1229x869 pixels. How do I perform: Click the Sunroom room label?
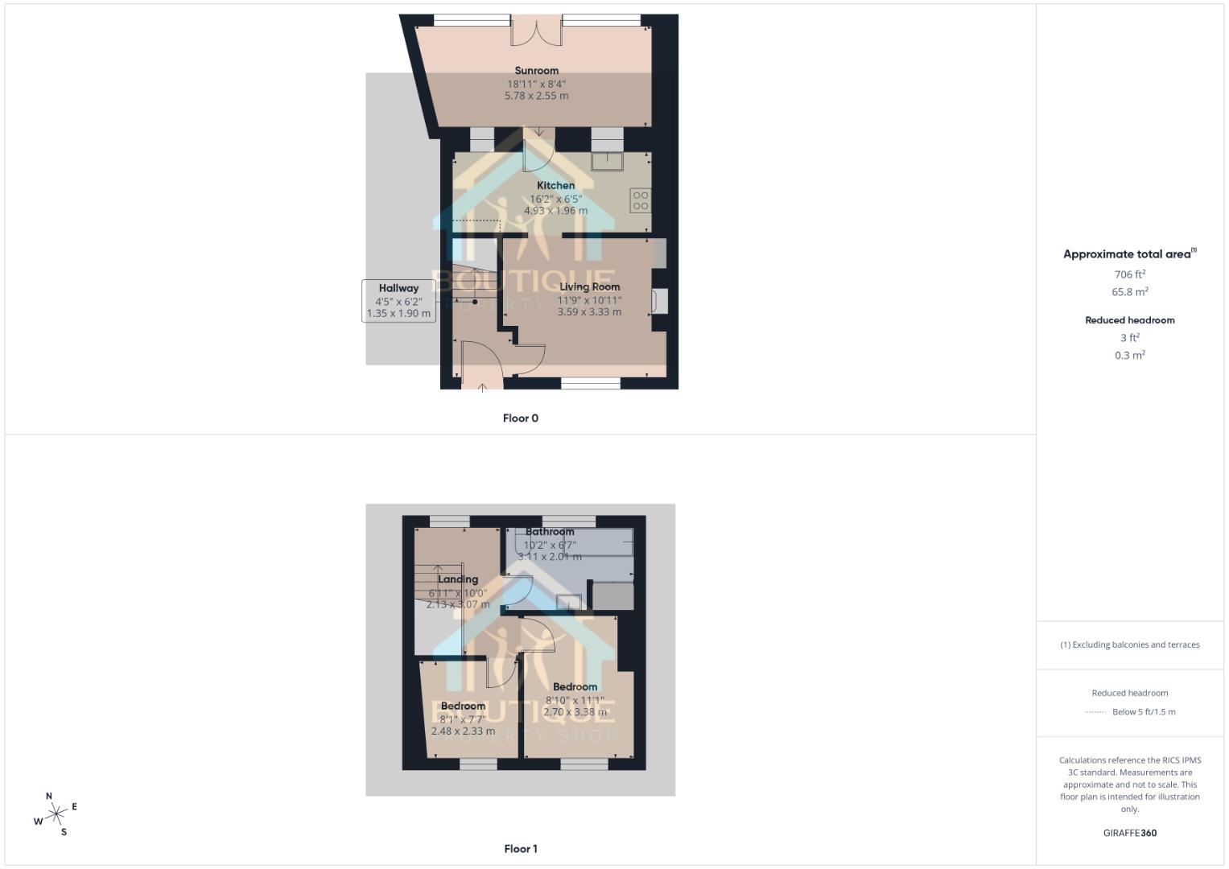pos(536,71)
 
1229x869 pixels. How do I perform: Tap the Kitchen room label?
pos(555,186)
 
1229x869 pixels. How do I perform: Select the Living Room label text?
pos(589,286)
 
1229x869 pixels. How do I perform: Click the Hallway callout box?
pos(398,300)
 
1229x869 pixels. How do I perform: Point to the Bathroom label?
pos(550,532)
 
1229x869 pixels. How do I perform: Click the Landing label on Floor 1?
pos(458,579)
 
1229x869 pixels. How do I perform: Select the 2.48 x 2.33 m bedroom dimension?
pos(463,731)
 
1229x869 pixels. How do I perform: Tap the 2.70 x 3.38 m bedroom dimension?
pos(575,712)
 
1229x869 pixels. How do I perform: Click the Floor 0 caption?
pos(520,418)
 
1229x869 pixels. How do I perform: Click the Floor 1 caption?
pos(520,849)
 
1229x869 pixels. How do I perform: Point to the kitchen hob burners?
pos(641,200)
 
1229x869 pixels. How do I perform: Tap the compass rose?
pos(56,815)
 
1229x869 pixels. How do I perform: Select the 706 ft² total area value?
pos(1129,274)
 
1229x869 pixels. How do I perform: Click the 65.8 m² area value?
pos(1129,292)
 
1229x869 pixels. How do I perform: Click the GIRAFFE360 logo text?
pos(1129,833)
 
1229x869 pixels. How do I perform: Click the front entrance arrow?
pos(482,387)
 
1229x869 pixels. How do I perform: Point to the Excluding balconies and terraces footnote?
pos(1129,645)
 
